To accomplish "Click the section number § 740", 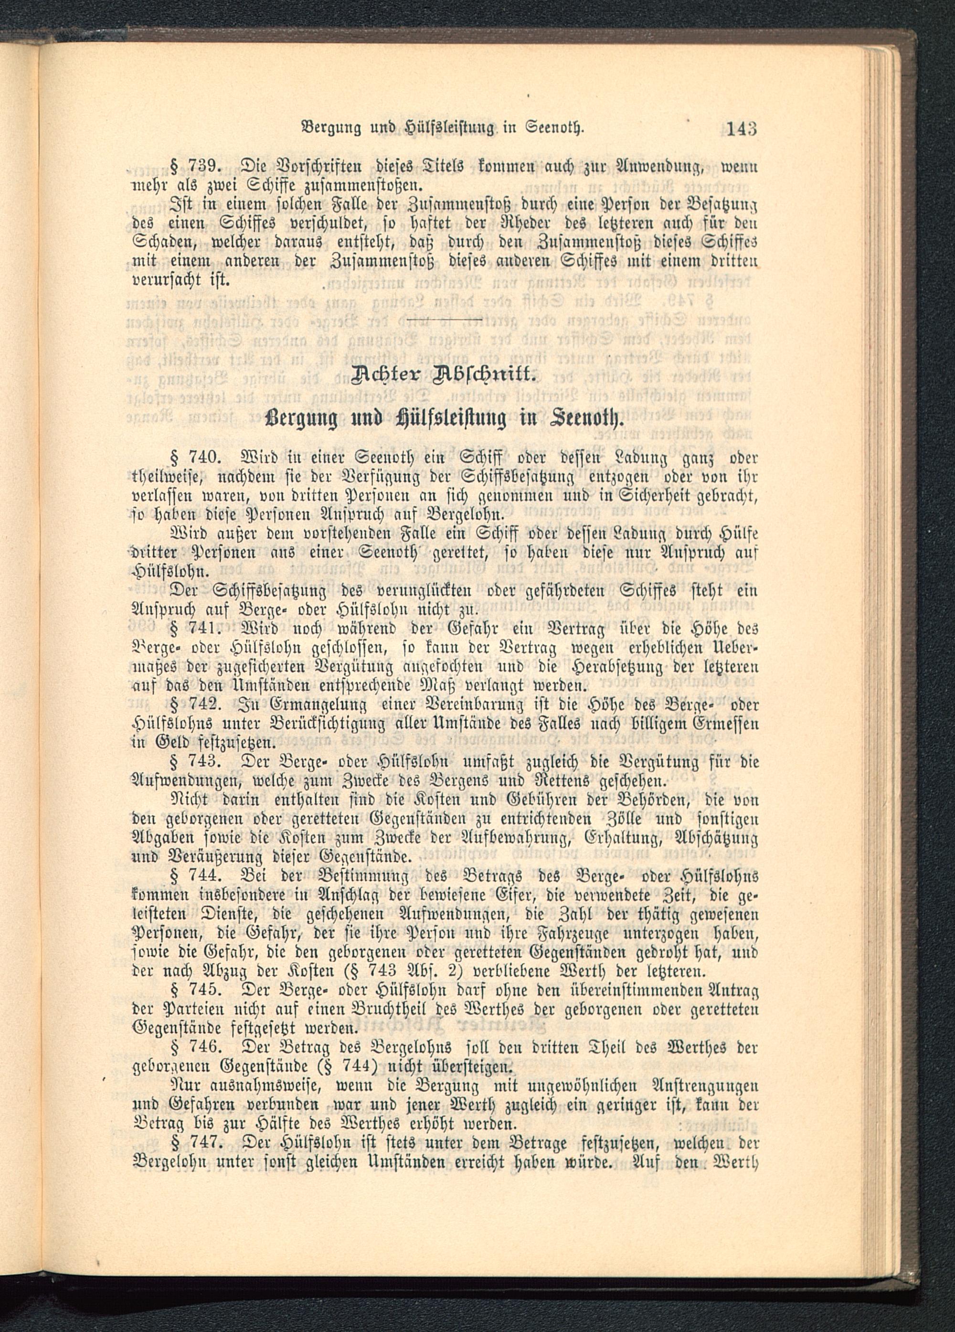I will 188,458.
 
